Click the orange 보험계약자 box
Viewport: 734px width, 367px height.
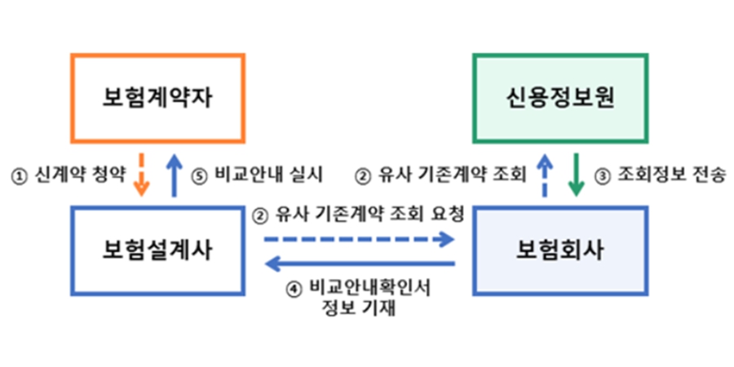157,97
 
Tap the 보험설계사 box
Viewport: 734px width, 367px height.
158,250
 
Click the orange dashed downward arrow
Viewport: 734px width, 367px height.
141,175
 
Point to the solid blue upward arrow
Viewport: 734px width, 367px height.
175,175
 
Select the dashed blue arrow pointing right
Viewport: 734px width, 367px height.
359,239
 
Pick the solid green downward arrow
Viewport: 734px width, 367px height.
577,175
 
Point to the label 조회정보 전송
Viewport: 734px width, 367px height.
669,175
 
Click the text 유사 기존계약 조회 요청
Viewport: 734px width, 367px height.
367,215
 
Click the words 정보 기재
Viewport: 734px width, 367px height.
360,308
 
